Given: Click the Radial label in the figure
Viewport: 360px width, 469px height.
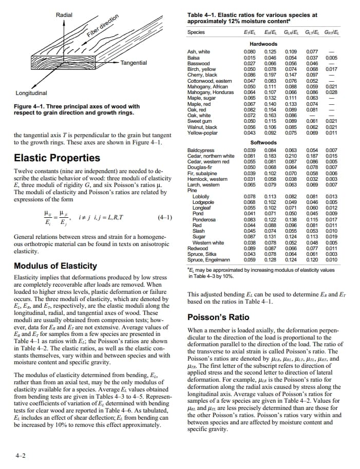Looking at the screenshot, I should pyautogui.click(x=64, y=15).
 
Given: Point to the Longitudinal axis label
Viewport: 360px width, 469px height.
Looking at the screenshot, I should pyautogui.click(x=32, y=93).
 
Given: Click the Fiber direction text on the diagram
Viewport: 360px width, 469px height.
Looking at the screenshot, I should pyautogui.click(x=103, y=26).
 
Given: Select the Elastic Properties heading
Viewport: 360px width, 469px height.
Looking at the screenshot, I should pyautogui.click(x=49, y=158).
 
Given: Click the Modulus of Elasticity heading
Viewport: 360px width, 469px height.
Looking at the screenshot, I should pyautogui.click(x=55, y=266).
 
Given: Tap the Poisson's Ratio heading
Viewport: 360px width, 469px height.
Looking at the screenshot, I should pyautogui.click(x=219, y=317).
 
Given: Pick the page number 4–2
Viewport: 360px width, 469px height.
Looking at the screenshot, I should pyautogui.click(x=21, y=455).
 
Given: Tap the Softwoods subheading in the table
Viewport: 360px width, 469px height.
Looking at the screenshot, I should pyautogui.click(x=263, y=143).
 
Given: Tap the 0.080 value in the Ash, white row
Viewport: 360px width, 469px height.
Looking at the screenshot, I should pyautogui.click(x=250, y=52).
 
